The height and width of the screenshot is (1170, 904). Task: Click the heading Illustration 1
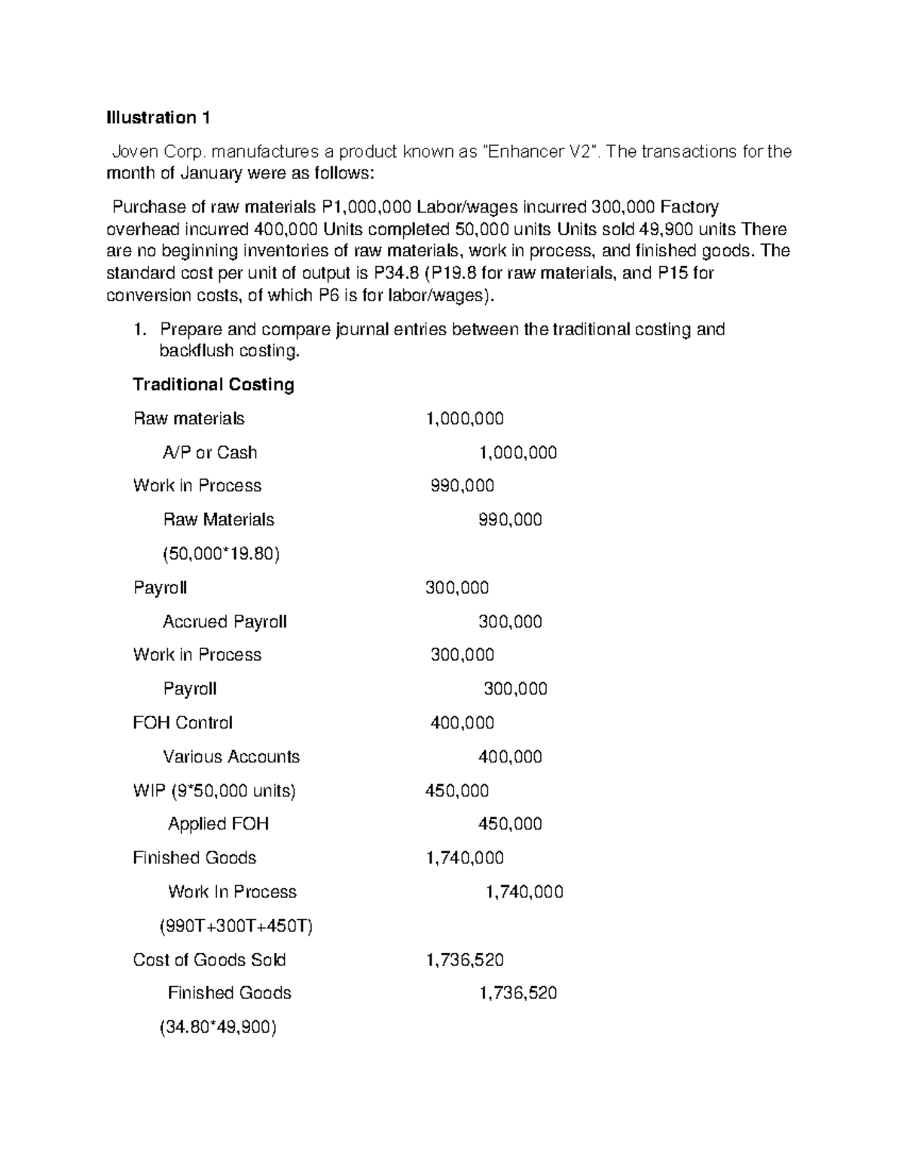pos(158,118)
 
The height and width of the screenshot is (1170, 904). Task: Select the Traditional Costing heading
pos(213,385)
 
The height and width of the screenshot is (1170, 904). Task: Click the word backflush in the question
pos(196,351)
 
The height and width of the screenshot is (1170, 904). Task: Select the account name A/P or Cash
pos(209,453)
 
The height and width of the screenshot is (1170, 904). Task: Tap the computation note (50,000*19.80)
pos(221,554)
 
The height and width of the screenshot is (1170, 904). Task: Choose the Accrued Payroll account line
pos(224,622)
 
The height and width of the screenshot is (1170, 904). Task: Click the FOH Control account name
pos(182,723)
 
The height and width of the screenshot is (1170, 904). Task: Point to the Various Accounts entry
pos(231,757)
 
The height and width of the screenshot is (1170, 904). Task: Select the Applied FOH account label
pos(218,824)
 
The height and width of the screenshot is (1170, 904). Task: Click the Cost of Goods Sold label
pos(209,960)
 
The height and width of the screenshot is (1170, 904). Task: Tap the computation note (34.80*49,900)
pos(218,1027)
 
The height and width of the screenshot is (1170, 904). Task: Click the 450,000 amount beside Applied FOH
pos(510,824)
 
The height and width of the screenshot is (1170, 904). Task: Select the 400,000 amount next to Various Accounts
pos(510,757)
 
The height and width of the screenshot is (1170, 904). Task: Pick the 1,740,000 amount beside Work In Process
pos(524,892)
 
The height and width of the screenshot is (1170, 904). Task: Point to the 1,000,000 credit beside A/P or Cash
pos(518,453)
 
